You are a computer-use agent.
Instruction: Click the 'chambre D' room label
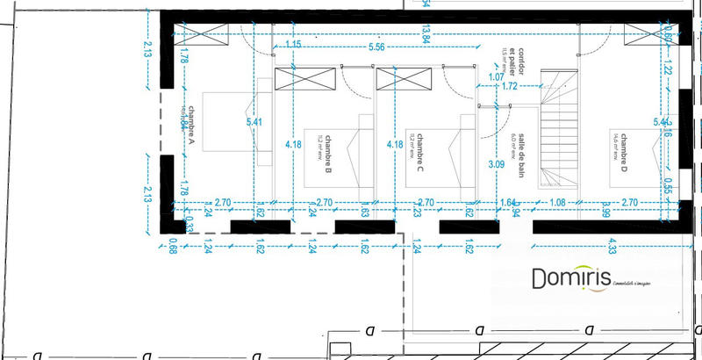point(624,148)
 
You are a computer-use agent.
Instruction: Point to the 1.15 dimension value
point(294,45)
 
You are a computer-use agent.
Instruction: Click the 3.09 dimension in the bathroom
point(497,162)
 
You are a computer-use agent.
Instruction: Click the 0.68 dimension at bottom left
point(173,248)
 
